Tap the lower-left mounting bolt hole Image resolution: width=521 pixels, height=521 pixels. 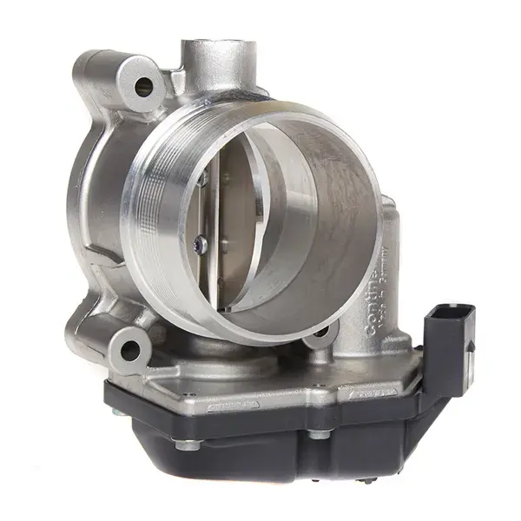point(130,350)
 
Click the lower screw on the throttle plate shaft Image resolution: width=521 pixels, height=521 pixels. point(201,247)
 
